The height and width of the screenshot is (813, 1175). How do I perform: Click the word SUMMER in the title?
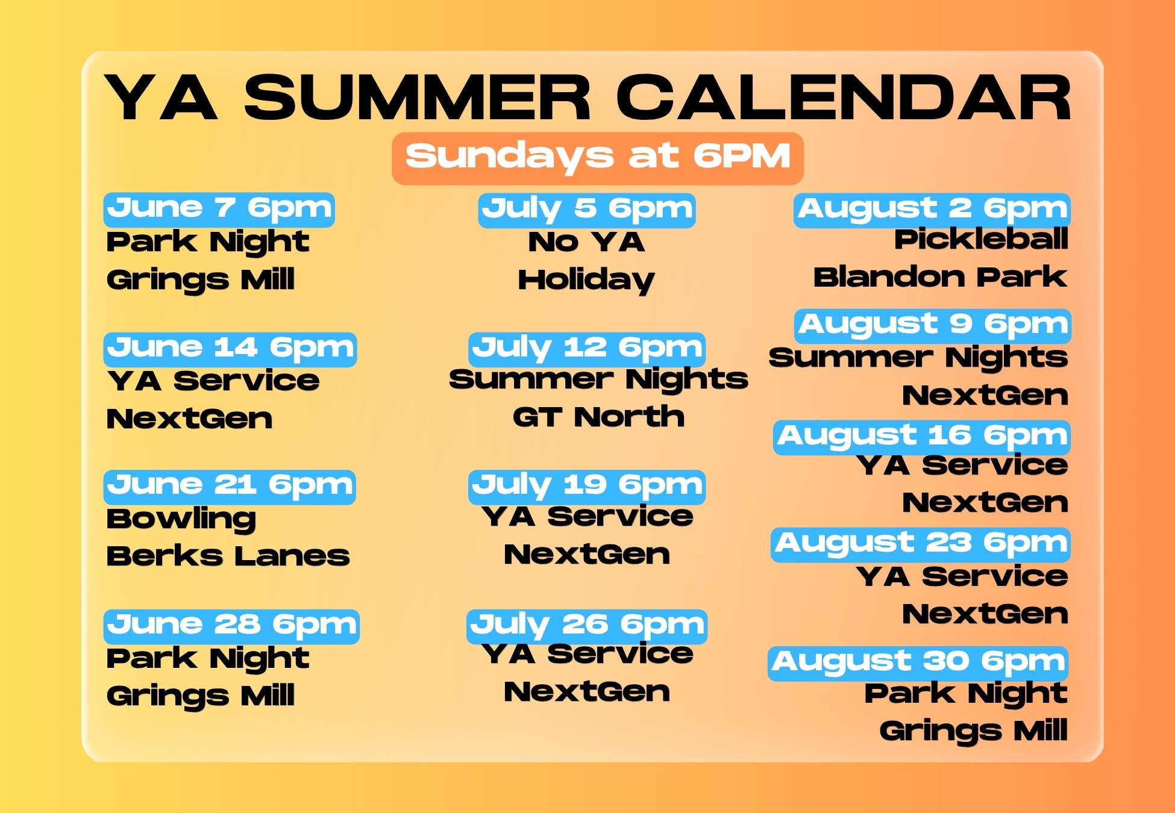[x=418, y=98]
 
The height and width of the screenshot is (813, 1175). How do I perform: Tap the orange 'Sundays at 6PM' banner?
[x=598, y=158]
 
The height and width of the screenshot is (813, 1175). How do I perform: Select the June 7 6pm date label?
[x=219, y=210]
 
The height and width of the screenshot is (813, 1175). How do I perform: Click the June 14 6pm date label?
[x=230, y=349]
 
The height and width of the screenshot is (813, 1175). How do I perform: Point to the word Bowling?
[x=181, y=520]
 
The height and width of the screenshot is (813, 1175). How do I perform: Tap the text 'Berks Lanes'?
[x=228, y=556]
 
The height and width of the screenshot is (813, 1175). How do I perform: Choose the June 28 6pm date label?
[x=231, y=626]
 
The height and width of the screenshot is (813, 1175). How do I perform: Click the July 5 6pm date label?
[x=587, y=210]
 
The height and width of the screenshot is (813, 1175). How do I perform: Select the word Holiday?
[x=586, y=281]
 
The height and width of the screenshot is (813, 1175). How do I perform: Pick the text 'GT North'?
[x=598, y=417]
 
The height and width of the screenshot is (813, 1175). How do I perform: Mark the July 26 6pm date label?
[x=587, y=626]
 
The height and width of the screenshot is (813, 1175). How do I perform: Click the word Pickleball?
[x=981, y=240]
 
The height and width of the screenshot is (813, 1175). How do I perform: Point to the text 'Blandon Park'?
[x=941, y=277]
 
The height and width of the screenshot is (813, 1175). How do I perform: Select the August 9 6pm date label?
[x=933, y=326]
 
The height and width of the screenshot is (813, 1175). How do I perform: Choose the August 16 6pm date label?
[x=923, y=437]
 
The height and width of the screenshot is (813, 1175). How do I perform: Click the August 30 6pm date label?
[x=918, y=664]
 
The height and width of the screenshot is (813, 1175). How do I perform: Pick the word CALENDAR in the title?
[x=844, y=98]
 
